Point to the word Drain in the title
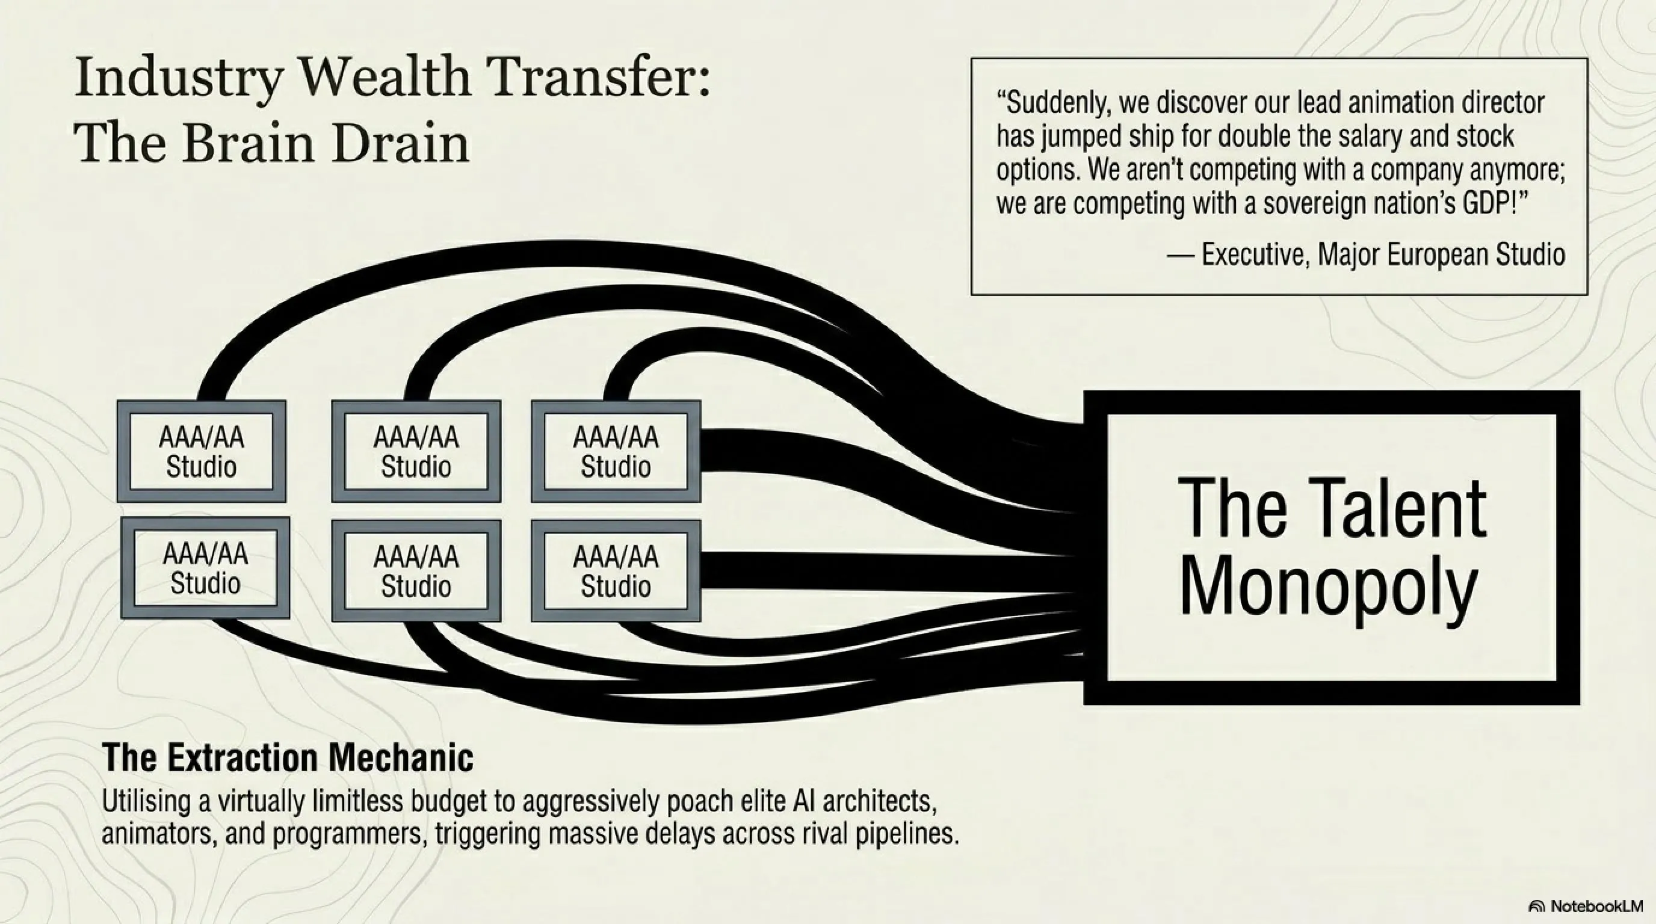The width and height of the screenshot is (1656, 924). (x=401, y=143)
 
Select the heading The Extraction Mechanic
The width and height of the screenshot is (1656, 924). (x=288, y=757)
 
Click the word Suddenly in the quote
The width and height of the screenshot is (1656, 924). (x=1055, y=103)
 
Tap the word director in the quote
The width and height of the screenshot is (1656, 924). (x=1504, y=103)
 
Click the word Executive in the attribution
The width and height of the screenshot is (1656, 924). (x=1256, y=254)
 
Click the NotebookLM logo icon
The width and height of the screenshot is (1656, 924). (x=1536, y=906)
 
